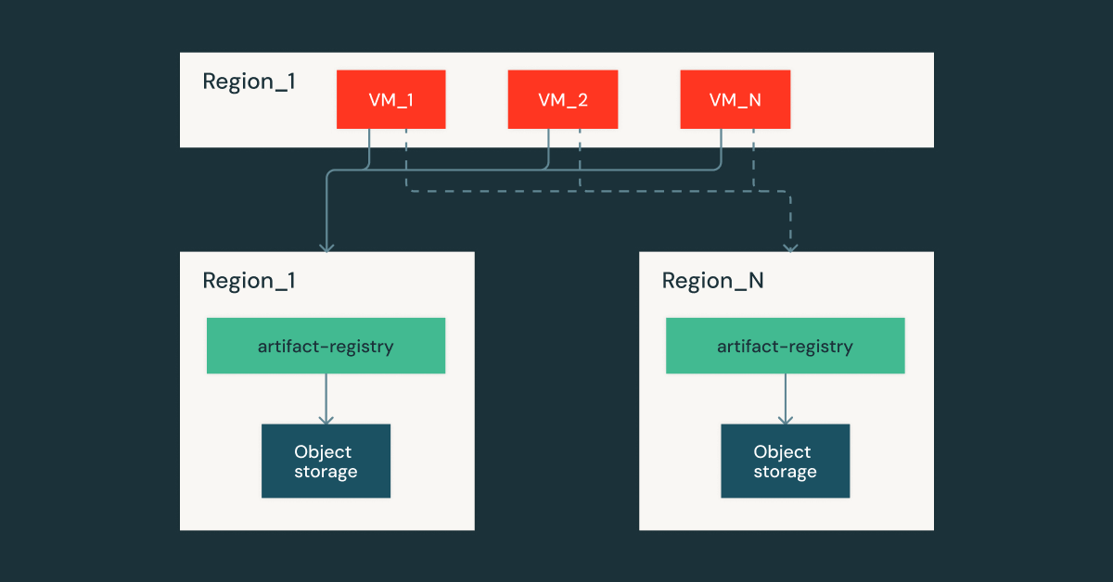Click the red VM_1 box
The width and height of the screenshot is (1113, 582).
(390, 99)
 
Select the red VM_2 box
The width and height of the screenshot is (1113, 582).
(562, 99)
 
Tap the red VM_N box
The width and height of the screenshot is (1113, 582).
(735, 99)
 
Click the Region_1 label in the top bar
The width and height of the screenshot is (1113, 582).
(249, 82)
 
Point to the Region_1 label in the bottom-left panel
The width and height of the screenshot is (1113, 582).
(249, 281)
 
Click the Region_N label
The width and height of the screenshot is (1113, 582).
(712, 281)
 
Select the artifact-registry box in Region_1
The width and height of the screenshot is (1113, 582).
(326, 347)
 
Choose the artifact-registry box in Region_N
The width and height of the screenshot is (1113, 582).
(785, 347)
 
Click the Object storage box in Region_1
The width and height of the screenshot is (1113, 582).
(326, 462)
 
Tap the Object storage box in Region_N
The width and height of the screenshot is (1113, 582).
(785, 462)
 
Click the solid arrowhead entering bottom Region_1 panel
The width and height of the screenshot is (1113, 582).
(326, 246)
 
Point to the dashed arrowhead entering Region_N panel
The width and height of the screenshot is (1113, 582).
(789, 246)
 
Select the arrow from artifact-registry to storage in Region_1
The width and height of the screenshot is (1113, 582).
(326, 399)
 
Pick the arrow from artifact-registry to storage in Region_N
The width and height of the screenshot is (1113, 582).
(785, 399)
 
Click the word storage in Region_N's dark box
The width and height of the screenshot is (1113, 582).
(785, 472)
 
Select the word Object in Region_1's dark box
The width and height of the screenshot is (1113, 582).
(323, 452)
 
